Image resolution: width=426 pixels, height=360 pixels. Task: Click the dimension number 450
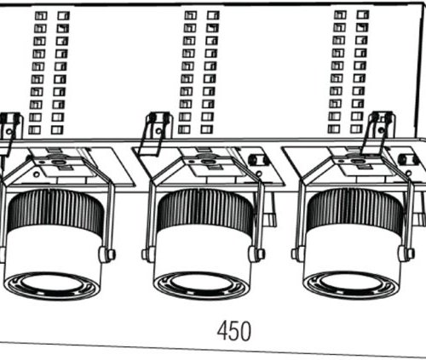pos(234,331)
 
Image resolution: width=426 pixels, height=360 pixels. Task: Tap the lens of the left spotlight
pos(51,285)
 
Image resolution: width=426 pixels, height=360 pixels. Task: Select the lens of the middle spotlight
pos(201,285)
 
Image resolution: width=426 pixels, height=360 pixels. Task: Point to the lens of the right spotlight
pos(350,284)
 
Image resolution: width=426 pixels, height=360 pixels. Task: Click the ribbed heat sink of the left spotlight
pos(55,209)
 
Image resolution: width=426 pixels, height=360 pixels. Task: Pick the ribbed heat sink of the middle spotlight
pos(204,209)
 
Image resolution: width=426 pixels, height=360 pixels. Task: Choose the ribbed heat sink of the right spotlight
pos(355,209)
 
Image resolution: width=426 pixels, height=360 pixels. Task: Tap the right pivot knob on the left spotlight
pos(106,254)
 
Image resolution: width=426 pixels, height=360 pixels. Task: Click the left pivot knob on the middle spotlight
pos(148,254)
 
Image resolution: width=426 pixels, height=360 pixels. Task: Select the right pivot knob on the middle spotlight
pos(256,254)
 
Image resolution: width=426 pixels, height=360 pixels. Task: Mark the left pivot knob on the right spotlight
pos(298,253)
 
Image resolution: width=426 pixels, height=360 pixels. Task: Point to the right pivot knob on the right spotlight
pos(406,253)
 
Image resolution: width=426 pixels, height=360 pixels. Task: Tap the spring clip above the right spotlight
pos(377,133)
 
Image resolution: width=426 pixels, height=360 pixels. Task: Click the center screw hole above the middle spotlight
pos(208,162)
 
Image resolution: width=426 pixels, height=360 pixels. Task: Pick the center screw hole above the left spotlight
pos(59,163)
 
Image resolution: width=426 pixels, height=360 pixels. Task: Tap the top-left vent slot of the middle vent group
pos(190,15)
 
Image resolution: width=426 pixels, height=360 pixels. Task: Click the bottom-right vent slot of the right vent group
pos(356,129)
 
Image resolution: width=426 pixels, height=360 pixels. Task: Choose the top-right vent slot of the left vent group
pos(64,15)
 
